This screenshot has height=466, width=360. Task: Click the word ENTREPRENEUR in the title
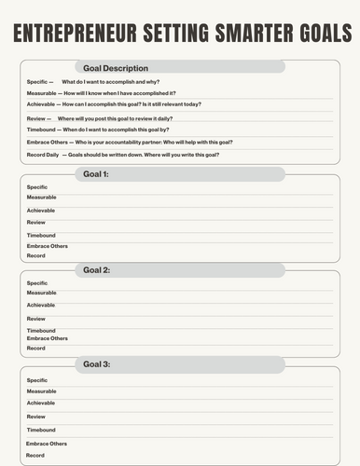(80, 35)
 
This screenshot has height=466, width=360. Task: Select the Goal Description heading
(116, 68)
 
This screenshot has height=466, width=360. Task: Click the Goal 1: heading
(96, 174)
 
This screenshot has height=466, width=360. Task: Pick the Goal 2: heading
(97, 269)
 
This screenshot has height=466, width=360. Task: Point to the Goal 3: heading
(97, 363)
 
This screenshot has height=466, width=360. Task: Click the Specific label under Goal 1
(37, 187)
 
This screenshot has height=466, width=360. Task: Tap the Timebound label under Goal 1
(41, 235)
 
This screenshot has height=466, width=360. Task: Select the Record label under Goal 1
(35, 255)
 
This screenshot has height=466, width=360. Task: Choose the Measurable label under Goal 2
(41, 293)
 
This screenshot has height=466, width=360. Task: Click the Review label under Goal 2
(35, 319)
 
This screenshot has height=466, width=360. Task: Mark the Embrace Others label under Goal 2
(47, 338)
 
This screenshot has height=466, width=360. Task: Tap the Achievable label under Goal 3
(40, 403)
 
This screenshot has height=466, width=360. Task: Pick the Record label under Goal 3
(35, 456)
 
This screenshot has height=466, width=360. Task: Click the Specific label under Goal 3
(37, 380)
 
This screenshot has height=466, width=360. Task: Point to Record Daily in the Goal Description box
(43, 154)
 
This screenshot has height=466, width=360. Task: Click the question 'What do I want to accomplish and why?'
(111, 82)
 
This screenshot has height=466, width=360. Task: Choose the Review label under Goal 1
(35, 223)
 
